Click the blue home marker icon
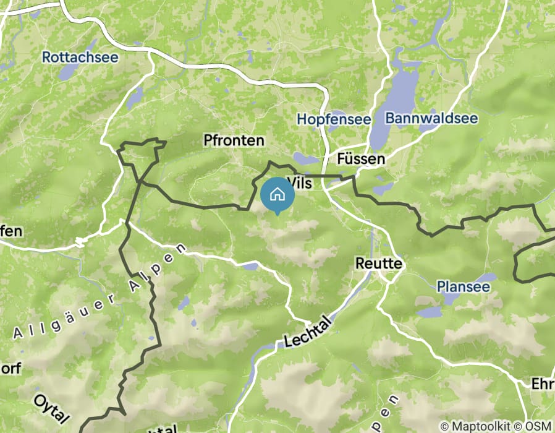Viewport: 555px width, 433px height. [277, 194]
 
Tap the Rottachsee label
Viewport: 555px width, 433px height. [80, 57]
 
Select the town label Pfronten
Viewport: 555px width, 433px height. [234, 141]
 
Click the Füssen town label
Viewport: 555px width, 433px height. [361, 159]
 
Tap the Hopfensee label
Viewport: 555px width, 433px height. [334, 119]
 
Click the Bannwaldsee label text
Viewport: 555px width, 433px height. [431, 118]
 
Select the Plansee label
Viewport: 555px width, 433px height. [463, 286]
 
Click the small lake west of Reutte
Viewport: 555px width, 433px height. [250, 266]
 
